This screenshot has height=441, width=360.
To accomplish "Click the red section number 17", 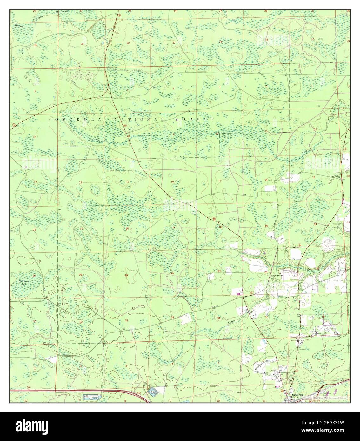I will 128,182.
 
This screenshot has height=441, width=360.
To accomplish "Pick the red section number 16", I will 172,181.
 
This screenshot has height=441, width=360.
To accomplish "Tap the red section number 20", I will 127,228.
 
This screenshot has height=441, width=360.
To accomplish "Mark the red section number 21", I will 173,228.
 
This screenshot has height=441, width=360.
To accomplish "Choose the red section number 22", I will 220,227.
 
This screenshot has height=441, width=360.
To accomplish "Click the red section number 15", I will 219,181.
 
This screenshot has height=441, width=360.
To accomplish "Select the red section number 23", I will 266,226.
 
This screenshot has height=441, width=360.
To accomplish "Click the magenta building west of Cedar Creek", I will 238,294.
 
